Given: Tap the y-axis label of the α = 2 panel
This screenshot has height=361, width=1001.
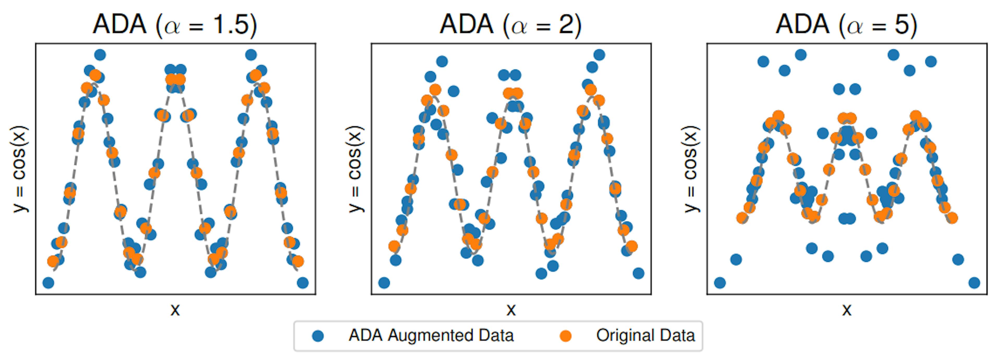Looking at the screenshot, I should pos(355,169).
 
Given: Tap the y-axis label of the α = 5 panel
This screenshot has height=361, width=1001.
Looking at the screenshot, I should pos(691,169).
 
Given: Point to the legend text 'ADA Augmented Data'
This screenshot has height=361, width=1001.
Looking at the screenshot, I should pos(431,335).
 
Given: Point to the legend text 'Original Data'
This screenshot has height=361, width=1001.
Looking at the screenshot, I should pos(645,335).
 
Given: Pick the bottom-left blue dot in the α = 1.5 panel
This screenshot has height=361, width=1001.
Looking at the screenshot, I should pos(48,283).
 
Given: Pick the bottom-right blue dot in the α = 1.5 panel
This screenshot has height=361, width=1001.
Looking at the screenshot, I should pos(303,283).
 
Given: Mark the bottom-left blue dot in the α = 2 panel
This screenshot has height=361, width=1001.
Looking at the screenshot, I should pos(384,283).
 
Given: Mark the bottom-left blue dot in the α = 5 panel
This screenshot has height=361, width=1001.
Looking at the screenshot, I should pos(720,283).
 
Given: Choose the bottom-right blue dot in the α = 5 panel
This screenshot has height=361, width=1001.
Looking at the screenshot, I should pos(974,283).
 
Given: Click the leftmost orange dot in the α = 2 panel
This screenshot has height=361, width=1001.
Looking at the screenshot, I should pos(394,246).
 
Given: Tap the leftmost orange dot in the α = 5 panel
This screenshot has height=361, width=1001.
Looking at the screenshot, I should pos(742,218).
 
